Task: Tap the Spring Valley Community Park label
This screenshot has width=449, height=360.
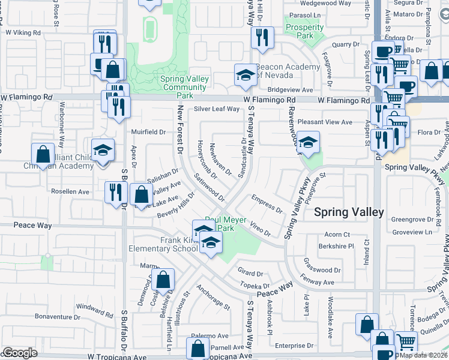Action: (185, 87)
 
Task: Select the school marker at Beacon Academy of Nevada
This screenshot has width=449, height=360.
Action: (244, 76)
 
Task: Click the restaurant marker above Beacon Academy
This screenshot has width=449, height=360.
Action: (262, 38)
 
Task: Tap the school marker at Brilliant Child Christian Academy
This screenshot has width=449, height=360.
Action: (103, 151)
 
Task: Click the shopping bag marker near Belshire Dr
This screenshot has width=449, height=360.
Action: (163, 280)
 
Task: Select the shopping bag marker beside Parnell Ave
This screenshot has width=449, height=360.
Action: (197, 349)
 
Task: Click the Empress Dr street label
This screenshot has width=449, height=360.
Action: (267, 204)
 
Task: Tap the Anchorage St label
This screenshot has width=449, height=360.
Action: (212, 298)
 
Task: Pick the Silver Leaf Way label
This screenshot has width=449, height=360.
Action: (217, 109)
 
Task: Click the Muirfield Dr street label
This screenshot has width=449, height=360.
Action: (147, 131)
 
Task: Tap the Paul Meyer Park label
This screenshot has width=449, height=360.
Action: (226, 224)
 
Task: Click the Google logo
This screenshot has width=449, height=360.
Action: (20, 353)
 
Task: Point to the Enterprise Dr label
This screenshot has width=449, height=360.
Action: (290, 346)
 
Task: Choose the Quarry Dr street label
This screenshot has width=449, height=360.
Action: (345, 44)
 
